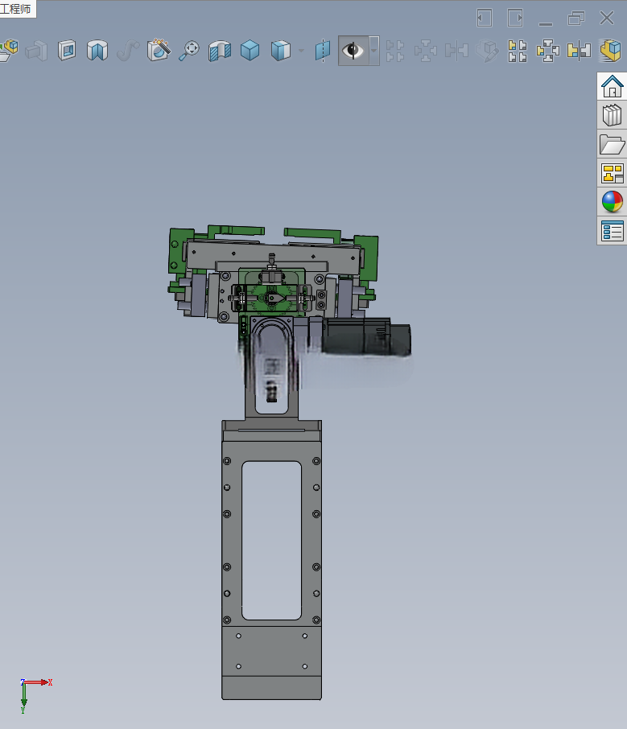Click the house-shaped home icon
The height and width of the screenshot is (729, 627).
[613, 86]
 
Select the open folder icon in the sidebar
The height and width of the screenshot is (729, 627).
[613, 144]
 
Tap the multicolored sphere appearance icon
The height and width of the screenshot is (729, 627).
[613, 202]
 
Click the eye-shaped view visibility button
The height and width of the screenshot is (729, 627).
[353, 50]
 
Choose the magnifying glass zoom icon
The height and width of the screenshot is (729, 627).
[189, 50]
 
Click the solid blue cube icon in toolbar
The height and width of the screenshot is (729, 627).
[250, 50]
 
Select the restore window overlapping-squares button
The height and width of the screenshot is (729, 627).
[575, 19]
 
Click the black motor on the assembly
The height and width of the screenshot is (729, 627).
[365, 336]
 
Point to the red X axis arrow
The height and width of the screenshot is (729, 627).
[35, 682]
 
